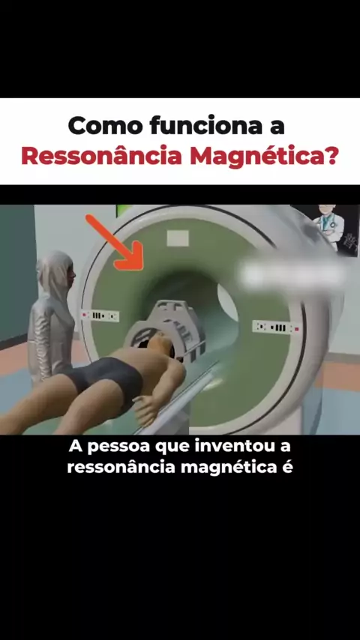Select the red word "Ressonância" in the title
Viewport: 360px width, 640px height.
(102, 156)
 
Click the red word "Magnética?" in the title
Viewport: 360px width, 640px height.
(265, 157)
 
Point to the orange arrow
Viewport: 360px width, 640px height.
(115, 243)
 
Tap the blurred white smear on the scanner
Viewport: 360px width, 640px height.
(292, 274)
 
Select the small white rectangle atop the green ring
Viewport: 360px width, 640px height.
(178, 238)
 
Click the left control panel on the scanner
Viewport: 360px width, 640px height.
(100, 316)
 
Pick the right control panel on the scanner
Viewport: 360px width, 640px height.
(276, 327)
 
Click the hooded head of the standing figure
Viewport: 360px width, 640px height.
(56, 272)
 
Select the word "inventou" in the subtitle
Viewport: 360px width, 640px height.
(229, 446)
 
